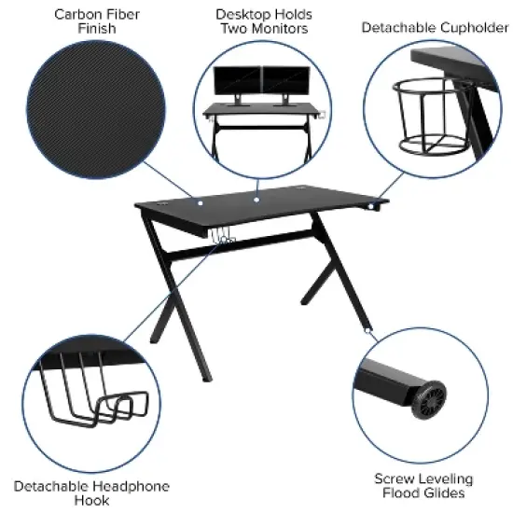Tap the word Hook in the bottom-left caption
point(91,501)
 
